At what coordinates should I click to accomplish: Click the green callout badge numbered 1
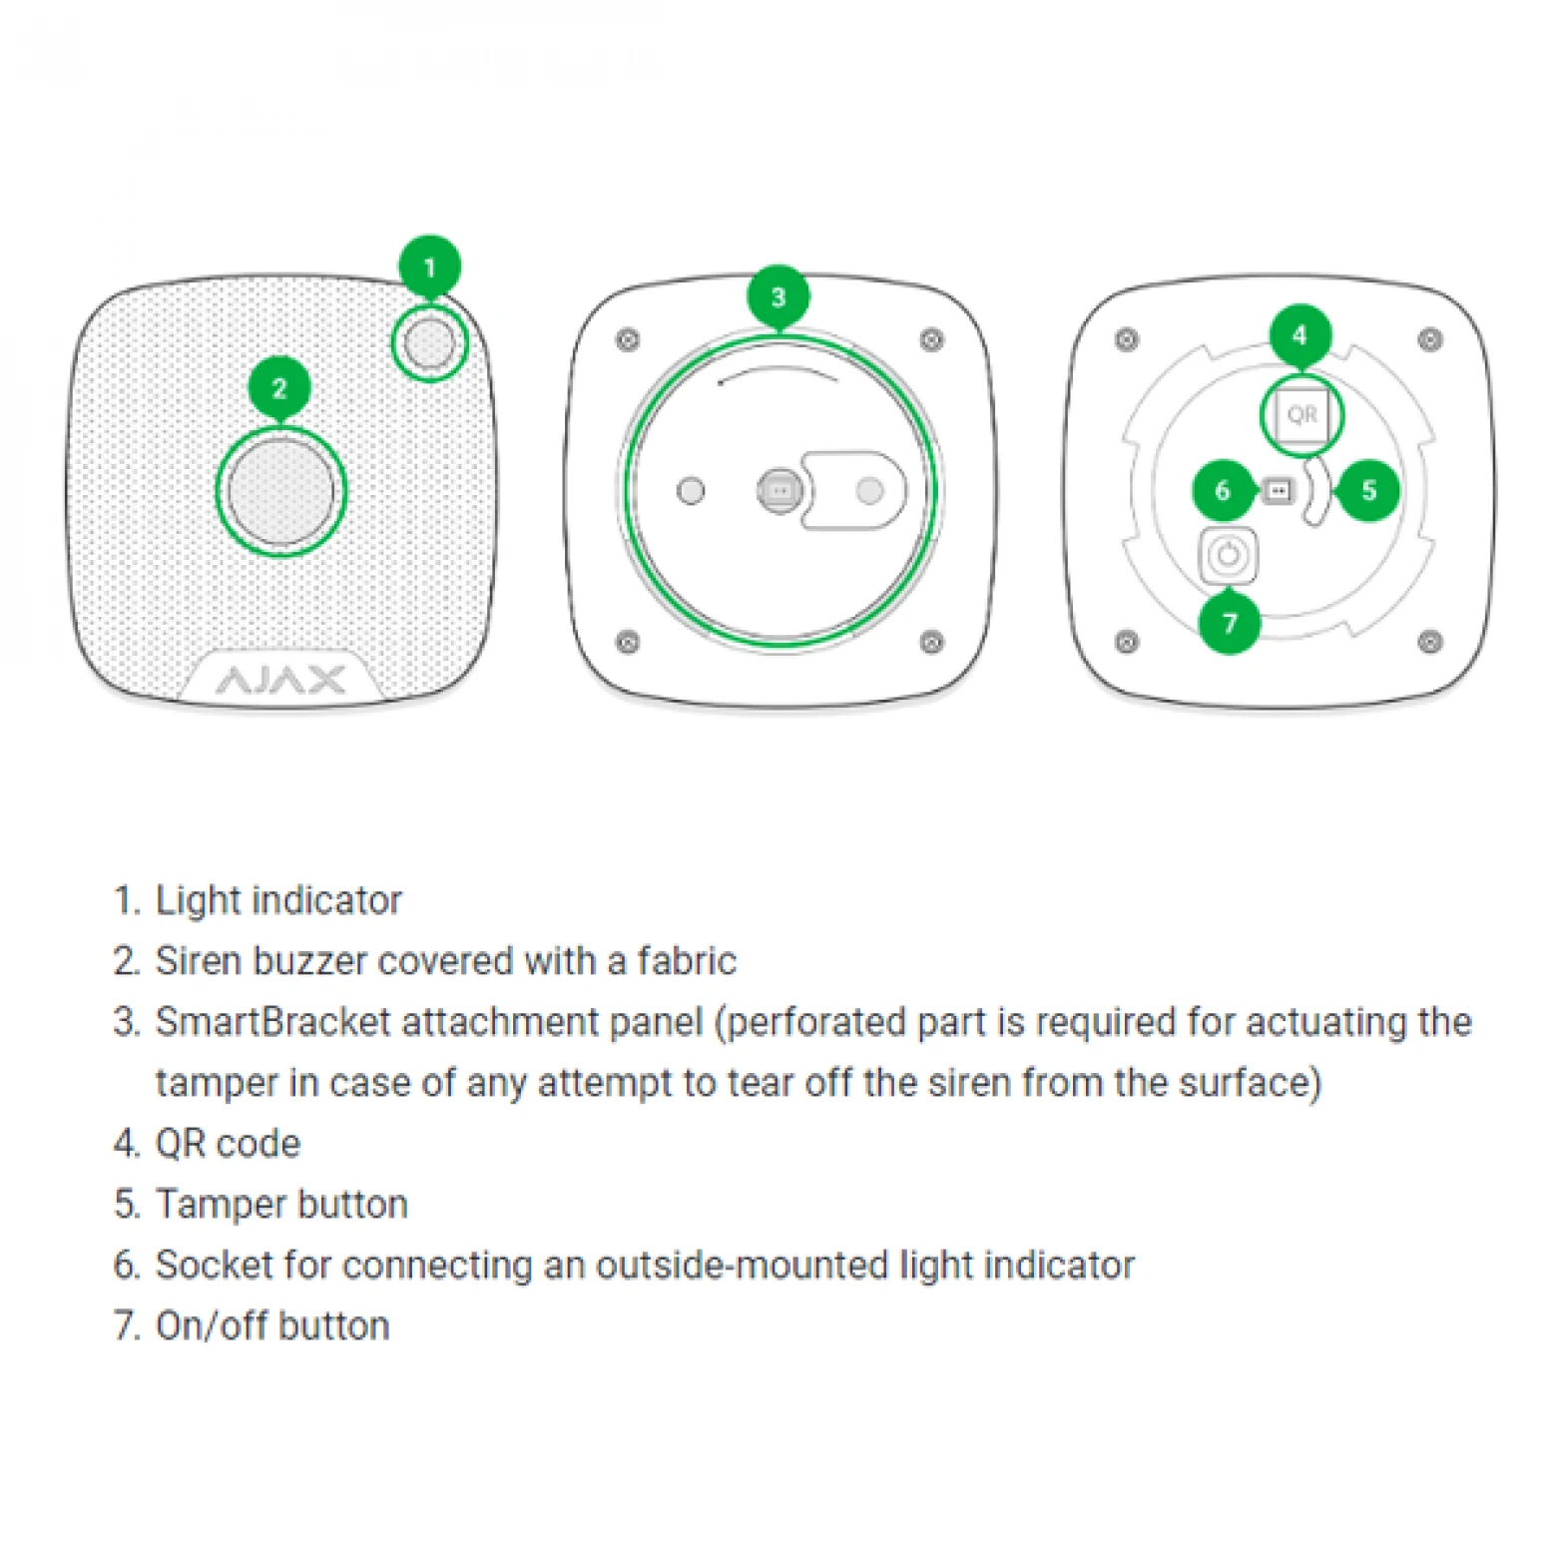[429, 266]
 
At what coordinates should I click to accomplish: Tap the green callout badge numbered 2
[279, 387]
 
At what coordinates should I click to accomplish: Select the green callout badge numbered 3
[777, 296]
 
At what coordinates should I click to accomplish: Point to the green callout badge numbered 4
[1299, 335]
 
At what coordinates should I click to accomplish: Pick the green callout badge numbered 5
[1368, 490]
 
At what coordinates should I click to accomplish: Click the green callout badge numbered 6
[1223, 490]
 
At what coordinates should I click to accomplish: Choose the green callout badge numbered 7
[1229, 624]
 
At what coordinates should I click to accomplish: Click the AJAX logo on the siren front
[280, 681]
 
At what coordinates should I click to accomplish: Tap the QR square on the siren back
[1301, 414]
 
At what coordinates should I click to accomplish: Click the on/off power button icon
[1228, 555]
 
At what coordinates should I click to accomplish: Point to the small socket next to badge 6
[1277, 490]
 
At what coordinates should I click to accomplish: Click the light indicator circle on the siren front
[430, 343]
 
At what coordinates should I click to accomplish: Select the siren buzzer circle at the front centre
[280, 491]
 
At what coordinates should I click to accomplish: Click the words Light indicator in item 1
[278, 900]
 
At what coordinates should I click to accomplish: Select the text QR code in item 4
[228, 1144]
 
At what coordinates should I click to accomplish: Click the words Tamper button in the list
[281, 1205]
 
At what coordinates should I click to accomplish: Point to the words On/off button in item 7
[272, 1326]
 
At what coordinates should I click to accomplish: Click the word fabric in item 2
[687, 961]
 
